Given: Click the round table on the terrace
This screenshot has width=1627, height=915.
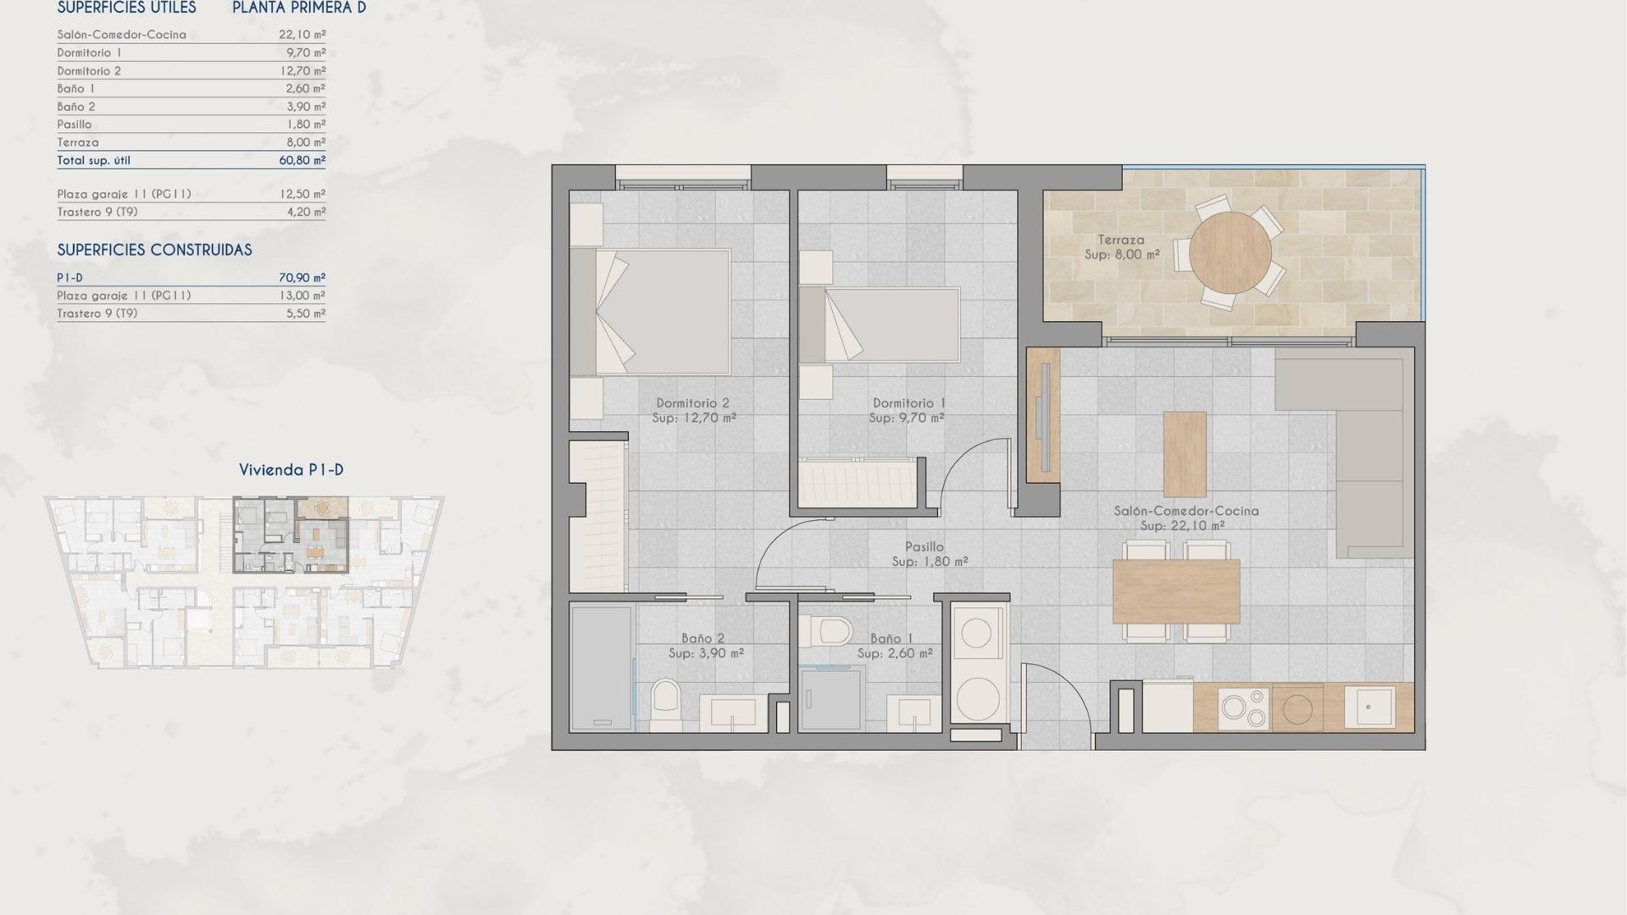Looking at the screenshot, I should tap(1230, 252).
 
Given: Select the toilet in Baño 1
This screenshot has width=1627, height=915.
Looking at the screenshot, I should tap(827, 629).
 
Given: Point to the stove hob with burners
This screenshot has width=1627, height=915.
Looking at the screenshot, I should tap(1244, 708).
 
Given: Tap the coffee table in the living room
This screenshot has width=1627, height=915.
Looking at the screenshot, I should tap(1184, 454).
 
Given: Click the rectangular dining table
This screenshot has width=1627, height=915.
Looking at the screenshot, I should tap(1175, 591).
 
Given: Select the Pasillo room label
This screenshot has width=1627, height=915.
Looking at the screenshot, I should tap(925, 547).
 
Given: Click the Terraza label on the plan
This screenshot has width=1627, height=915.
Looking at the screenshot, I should tap(1120, 240).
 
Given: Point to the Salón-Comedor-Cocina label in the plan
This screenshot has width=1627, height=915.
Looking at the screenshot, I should tap(1186, 511).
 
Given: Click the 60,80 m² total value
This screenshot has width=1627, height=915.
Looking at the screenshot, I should tap(302, 160).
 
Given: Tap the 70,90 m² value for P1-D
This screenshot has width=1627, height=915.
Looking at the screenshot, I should tap(302, 278).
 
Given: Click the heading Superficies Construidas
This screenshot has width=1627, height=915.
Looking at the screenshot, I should tap(154, 250).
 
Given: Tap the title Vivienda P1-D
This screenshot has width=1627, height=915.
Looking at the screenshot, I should tap(291, 470).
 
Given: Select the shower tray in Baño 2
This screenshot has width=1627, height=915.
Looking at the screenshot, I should tap(601, 668).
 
